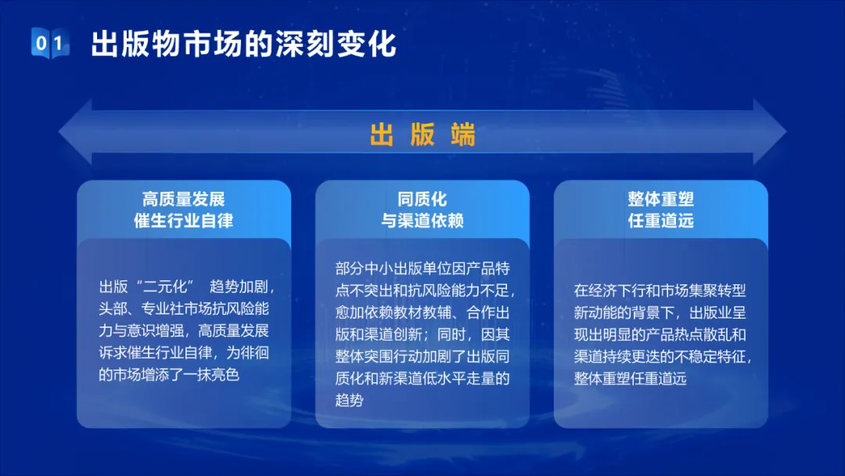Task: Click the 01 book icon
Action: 50,42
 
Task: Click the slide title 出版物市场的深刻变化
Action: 243,44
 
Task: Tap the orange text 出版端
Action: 422,134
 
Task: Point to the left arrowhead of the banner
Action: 75,132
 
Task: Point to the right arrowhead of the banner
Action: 770,132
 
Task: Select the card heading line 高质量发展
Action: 183,200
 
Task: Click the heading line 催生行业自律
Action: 183,221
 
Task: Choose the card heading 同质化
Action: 422,200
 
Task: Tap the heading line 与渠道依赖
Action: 422,221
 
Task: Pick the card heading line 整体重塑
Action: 660,200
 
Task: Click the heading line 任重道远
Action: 660,221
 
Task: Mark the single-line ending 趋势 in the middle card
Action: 349,400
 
